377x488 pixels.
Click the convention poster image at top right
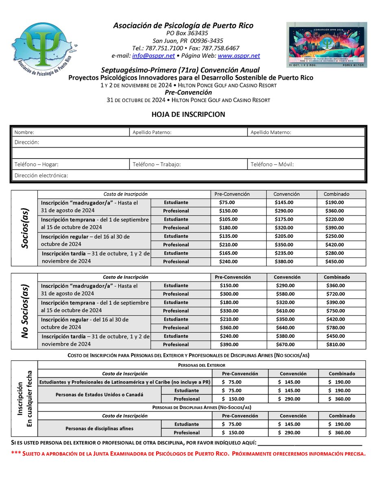point(326,44)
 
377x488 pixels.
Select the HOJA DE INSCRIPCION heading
point(188,115)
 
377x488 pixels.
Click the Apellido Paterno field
point(187,132)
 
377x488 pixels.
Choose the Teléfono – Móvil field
point(306,164)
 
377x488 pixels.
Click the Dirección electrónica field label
point(41,175)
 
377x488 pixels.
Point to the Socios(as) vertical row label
point(24,228)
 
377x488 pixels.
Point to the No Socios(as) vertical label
point(24,311)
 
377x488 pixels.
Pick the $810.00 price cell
point(336,344)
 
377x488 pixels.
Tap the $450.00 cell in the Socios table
point(335,261)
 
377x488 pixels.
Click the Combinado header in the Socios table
point(336,194)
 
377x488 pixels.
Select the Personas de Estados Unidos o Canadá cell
point(99,394)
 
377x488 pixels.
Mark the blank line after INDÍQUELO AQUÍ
point(310,443)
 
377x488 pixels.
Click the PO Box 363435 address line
point(187,33)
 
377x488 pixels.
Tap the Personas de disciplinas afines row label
point(99,428)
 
